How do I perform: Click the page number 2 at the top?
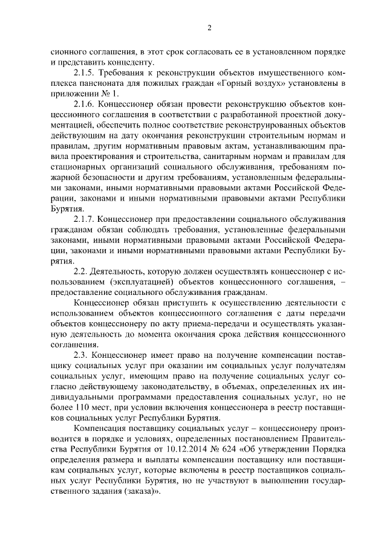pos(209,28)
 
